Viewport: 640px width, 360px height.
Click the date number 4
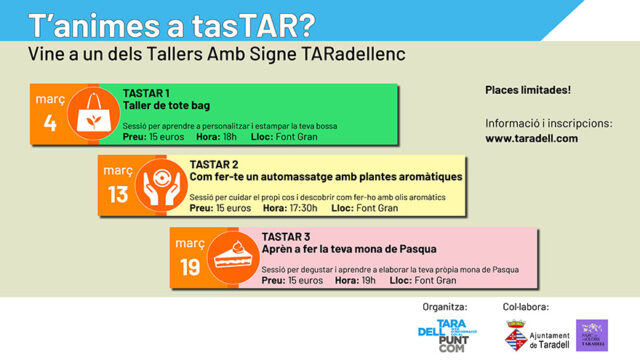pyautogui.click(x=49, y=125)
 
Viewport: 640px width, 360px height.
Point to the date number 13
pyautogui.click(x=118, y=195)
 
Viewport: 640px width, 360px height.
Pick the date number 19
pyautogui.click(x=190, y=266)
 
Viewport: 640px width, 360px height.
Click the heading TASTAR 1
pyautogui.click(x=146, y=94)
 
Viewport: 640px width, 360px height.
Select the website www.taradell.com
pyautogui.click(x=531, y=138)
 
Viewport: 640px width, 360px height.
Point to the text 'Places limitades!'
pyautogui.click(x=527, y=90)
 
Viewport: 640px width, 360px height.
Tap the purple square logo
pyautogui.click(x=592, y=335)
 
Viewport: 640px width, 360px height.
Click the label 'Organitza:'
pyautogui.click(x=445, y=306)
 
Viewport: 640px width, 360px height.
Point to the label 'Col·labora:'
pyautogui.click(x=526, y=306)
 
